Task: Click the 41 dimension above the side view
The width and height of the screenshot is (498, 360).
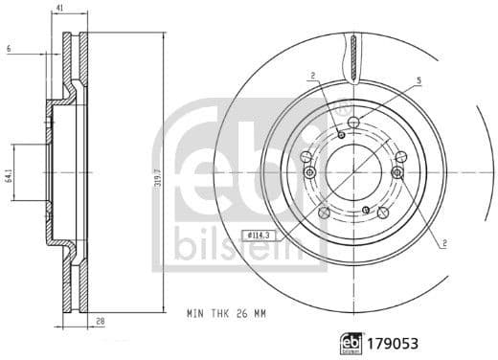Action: click(x=59, y=8)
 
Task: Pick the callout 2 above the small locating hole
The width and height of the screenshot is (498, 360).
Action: click(x=312, y=76)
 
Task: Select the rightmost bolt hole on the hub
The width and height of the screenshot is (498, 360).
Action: click(x=397, y=172)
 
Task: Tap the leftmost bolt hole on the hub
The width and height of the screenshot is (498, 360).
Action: click(x=308, y=172)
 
